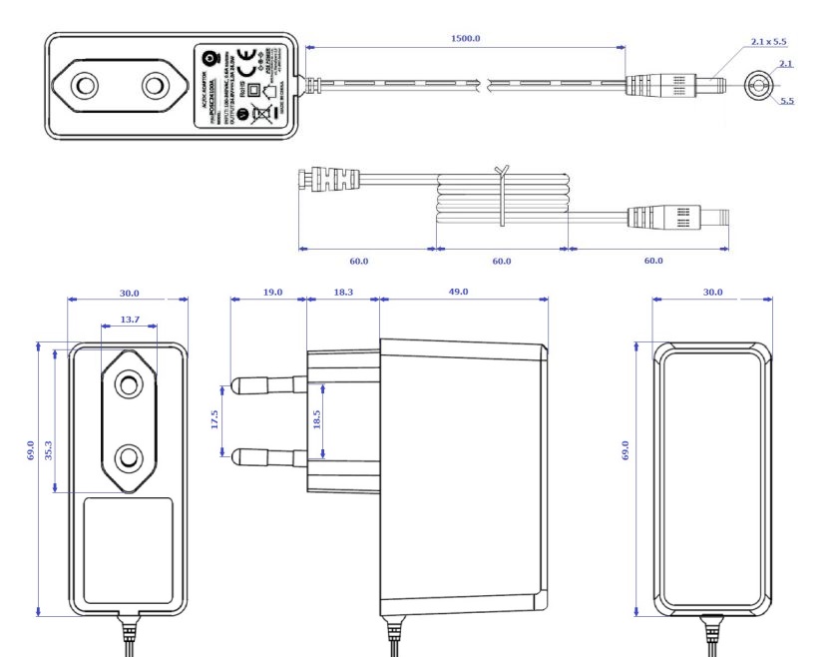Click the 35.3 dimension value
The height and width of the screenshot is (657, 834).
(x=50, y=419)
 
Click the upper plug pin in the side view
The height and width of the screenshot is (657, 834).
(x=267, y=384)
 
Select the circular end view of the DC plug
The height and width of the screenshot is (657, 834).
(x=761, y=88)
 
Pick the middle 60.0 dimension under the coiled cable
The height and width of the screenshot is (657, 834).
(x=502, y=261)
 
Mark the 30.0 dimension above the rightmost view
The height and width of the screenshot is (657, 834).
(x=713, y=292)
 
